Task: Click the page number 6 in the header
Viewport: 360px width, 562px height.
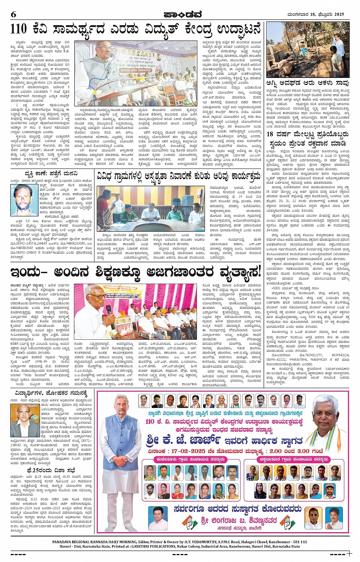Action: [x=14, y=14]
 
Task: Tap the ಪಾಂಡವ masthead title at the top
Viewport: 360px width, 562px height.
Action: [x=182, y=14]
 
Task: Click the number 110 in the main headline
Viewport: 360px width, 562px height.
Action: [x=19, y=29]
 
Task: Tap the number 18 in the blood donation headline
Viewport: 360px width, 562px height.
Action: [x=270, y=134]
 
